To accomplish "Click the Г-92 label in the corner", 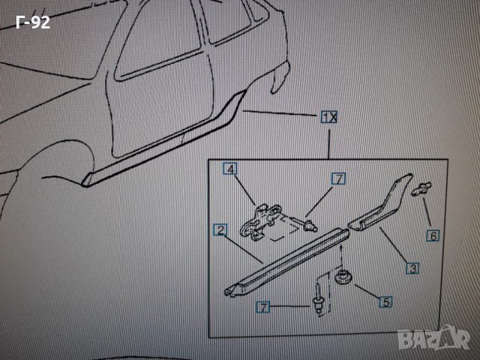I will pyautogui.click(x=32, y=22).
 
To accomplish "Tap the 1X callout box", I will pyautogui.click(x=328, y=117).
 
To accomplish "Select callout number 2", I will pyautogui.click(x=220, y=230).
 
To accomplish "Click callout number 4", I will pyautogui.click(x=229, y=170).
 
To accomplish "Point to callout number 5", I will pyautogui.click(x=385, y=301).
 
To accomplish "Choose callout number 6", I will pyautogui.click(x=433, y=235).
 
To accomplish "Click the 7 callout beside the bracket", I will pyautogui.click(x=339, y=178).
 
